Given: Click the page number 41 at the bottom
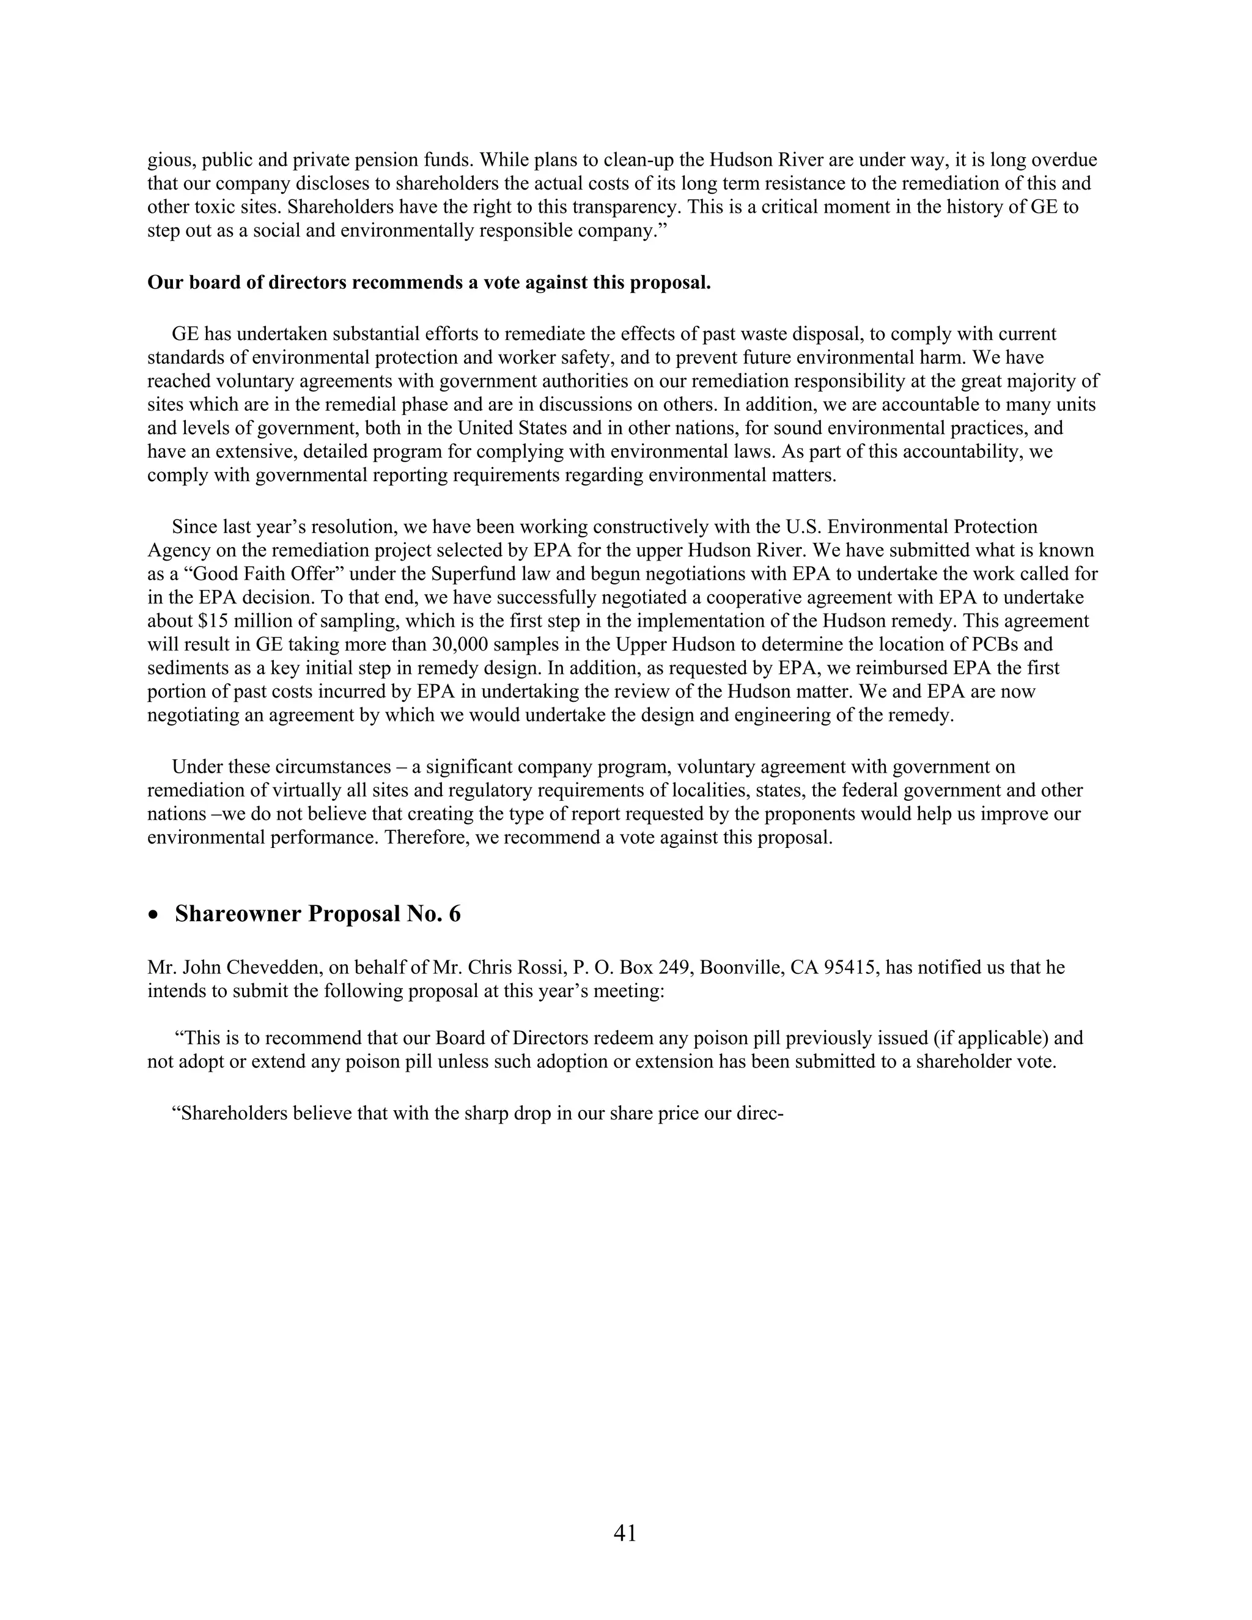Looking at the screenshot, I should [625, 1533].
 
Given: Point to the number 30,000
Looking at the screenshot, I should [458, 644].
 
